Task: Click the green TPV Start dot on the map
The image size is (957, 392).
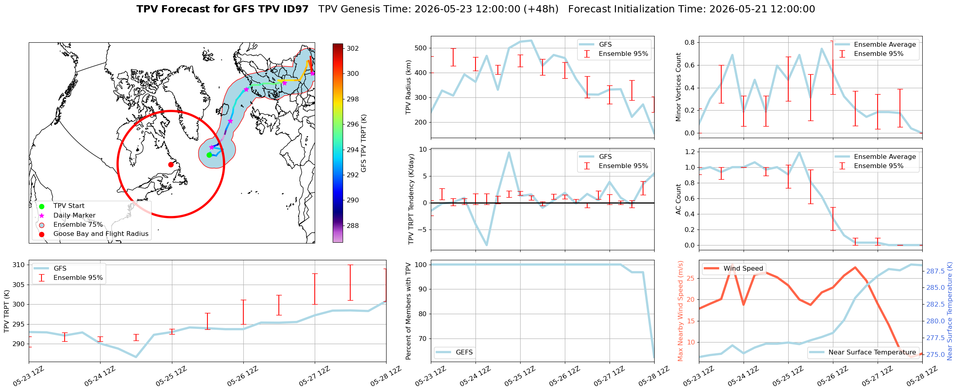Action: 209,155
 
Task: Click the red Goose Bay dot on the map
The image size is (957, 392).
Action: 171,164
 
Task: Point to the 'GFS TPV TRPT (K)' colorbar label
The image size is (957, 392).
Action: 363,143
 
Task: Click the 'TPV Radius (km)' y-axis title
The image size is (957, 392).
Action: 408,87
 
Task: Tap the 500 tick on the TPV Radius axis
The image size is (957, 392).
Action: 421,48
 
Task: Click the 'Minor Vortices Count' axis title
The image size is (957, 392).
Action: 678,87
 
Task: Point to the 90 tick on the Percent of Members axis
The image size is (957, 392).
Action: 423,289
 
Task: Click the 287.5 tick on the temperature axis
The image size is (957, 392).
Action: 935,271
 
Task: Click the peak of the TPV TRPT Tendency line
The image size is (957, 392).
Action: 509,152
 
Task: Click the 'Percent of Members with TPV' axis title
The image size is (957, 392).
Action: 408,311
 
